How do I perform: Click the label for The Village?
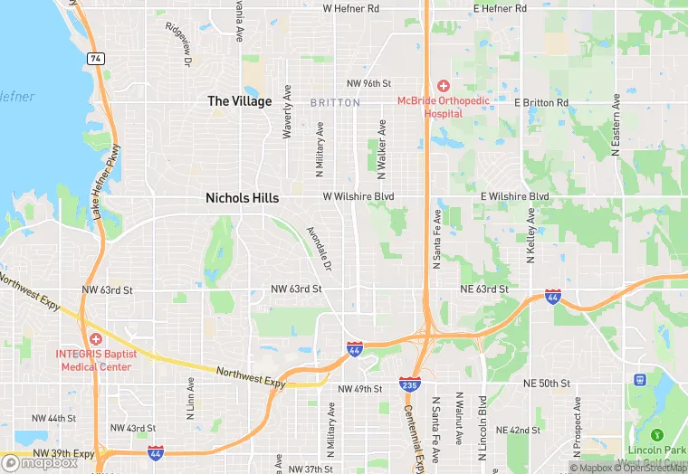pos(239,101)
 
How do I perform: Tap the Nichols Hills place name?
pos(242,197)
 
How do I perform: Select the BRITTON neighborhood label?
pos(335,103)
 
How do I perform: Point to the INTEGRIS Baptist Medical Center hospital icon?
pos(95,338)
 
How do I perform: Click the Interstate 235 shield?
pos(409,386)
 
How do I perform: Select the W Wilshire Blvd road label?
pos(358,196)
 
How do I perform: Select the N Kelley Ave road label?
pos(530,235)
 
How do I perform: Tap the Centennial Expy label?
pos(417,438)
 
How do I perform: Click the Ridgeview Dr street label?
pos(179,44)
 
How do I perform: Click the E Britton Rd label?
pos(541,102)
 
